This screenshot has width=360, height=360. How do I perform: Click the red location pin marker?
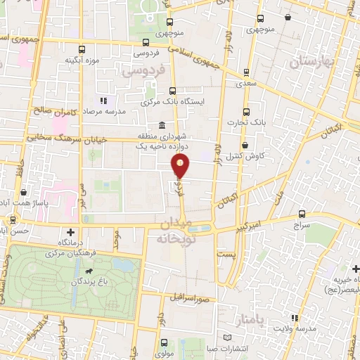181,166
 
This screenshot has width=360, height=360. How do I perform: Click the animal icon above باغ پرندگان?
89,271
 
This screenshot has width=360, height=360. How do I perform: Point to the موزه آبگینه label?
80,60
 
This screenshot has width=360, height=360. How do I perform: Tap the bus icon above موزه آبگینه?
82,50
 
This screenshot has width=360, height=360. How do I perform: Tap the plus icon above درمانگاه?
70,231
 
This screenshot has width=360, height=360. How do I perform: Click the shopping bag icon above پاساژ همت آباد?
25,191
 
